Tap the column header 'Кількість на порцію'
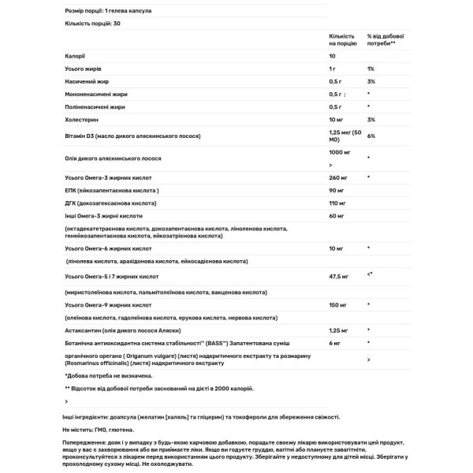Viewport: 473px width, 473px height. [x=341, y=39]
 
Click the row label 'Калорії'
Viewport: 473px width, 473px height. [x=76, y=57]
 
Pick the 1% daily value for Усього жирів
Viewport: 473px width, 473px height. [x=371, y=69]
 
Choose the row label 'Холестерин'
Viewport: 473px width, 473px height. [x=82, y=119]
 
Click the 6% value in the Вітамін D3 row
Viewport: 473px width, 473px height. [x=371, y=136]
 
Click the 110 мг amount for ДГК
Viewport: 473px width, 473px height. [x=338, y=203]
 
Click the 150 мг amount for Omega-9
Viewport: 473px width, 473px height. [x=338, y=304]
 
